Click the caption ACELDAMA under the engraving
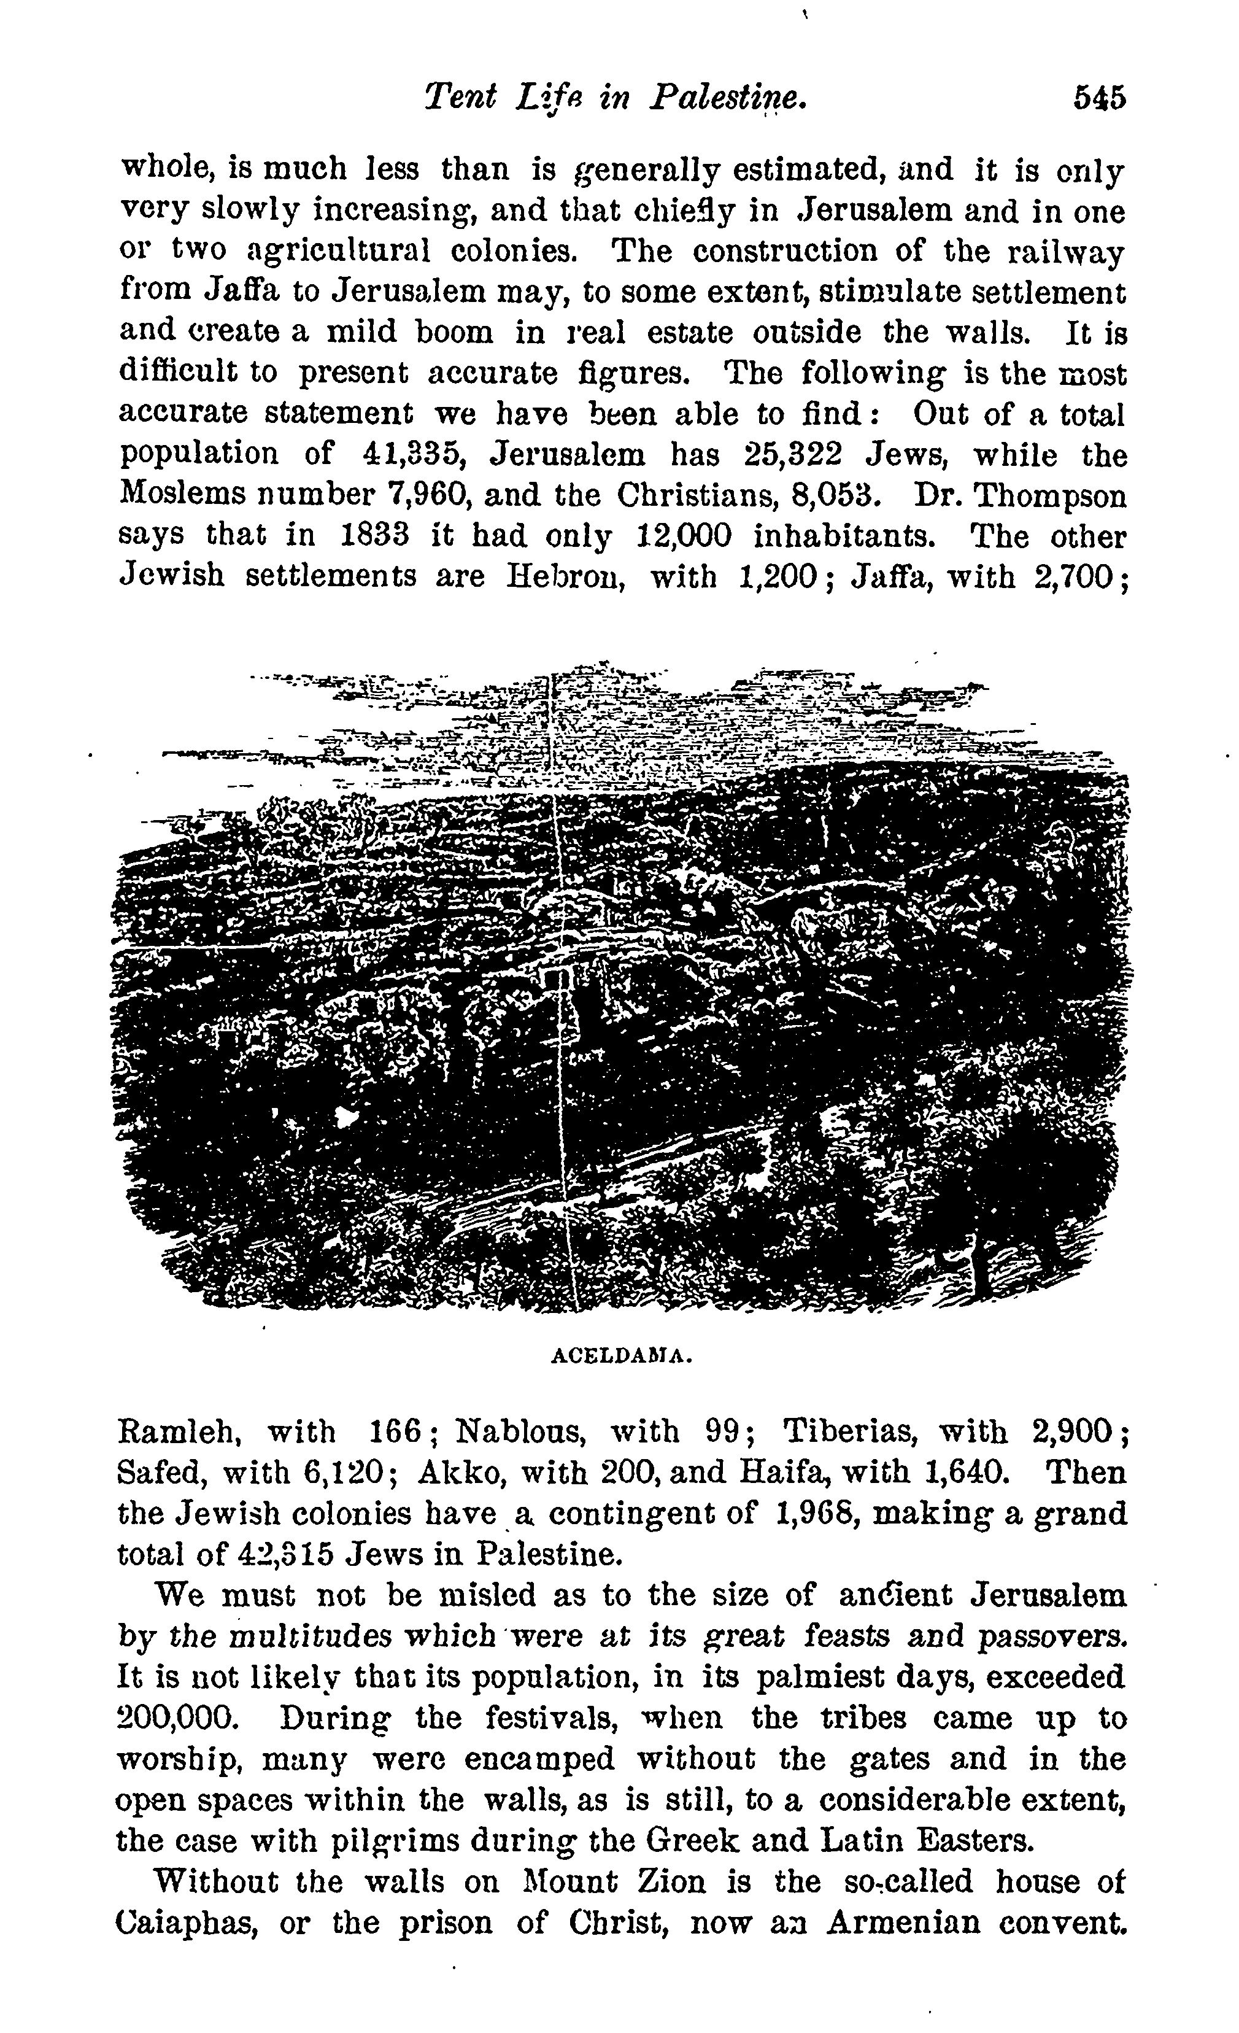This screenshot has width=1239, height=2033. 620,1355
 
